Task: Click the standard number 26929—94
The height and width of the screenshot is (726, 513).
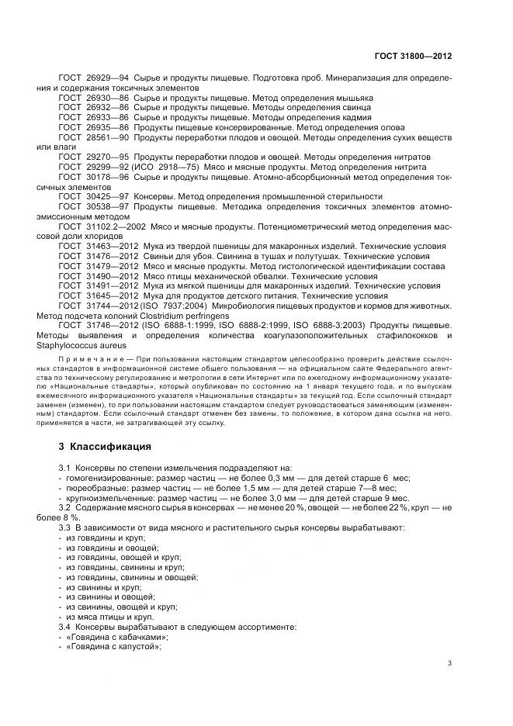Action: (x=106, y=79)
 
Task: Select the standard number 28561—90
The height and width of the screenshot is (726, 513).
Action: (x=106, y=137)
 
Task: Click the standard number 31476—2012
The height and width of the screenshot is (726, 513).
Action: (x=109, y=255)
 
